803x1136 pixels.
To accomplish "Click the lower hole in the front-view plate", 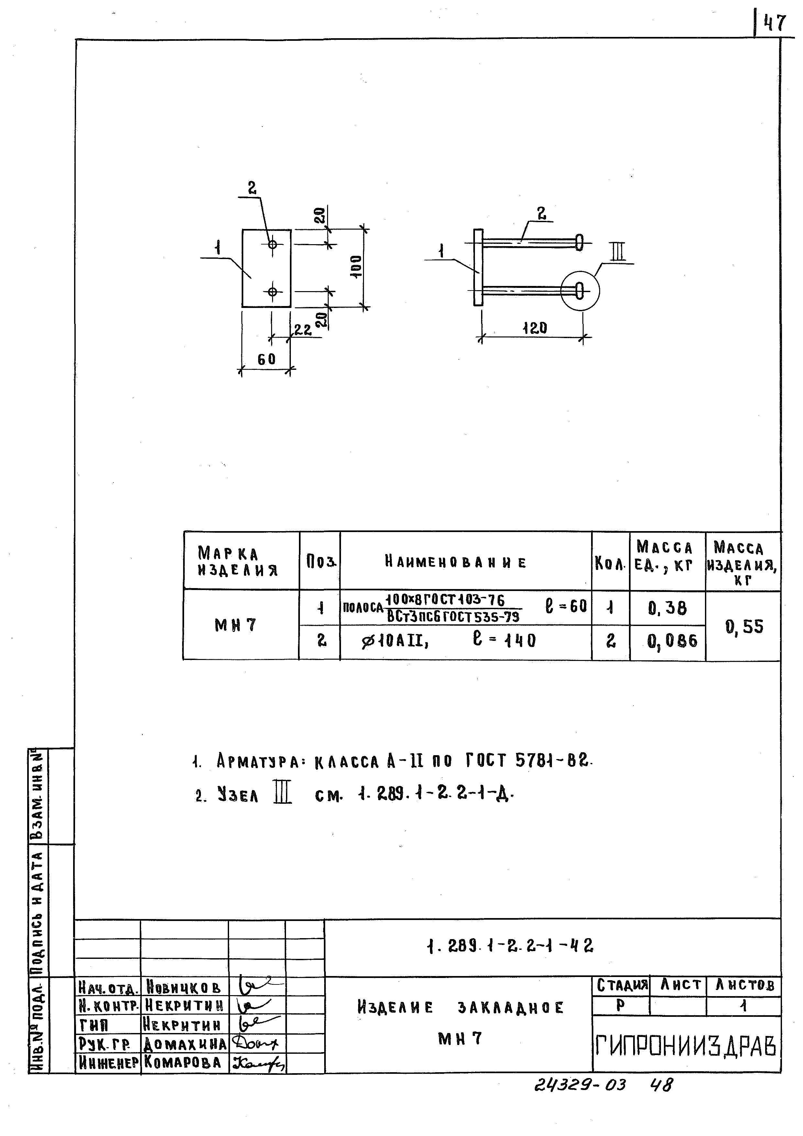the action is [x=272, y=292].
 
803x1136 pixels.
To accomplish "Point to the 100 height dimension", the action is [x=356, y=267].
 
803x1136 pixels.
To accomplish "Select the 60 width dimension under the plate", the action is [x=266, y=359].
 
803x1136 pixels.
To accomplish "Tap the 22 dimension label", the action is [x=302, y=330].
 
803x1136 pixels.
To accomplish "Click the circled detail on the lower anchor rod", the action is [x=580, y=291].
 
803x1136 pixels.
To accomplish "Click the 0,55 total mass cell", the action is [x=744, y=627].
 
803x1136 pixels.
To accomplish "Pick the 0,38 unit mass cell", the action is [x=667, y=608].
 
